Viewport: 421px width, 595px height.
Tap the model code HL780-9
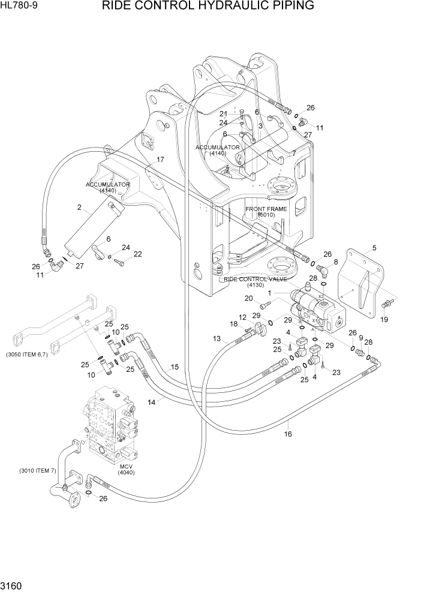(19, 7)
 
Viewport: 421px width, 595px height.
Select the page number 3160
(13, 584)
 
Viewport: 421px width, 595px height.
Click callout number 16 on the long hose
(287, 434)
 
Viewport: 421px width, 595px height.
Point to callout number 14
(152, 402)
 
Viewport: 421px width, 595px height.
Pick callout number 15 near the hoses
(175, 367)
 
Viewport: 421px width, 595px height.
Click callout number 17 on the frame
(160, 160)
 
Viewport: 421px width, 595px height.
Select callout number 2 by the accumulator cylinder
(79, 208)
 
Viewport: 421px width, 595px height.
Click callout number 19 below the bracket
(384, 320)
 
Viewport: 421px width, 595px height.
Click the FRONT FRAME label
(266, 212)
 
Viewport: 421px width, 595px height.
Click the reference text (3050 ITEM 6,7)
(30, 354)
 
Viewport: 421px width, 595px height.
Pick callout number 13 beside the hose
(216, 339)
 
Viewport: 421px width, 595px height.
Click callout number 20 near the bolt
(248, 299)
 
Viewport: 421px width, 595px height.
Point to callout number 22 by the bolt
(137, 254)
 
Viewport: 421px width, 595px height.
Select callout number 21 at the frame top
(223, 114)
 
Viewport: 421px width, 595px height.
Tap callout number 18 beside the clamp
(234, 324)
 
